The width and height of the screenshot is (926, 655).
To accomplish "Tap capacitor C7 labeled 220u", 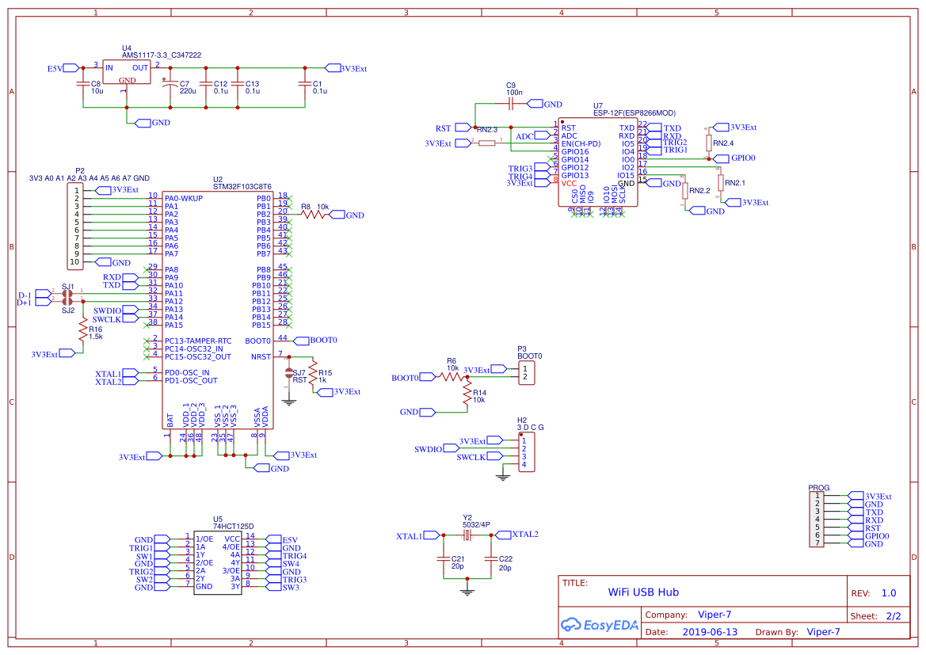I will point(168,86).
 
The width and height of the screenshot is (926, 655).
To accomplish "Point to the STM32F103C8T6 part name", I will point(242,186).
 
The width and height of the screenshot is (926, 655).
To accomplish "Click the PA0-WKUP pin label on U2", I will point(184,198).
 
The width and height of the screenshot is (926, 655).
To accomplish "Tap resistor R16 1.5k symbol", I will point(82,332).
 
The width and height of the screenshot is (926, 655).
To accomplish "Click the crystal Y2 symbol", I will point(467,535).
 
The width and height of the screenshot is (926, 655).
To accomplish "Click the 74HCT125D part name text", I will point(233,527).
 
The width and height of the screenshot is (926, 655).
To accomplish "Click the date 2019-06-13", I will point(709,632).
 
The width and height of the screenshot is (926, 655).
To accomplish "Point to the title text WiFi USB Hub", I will point(642,592).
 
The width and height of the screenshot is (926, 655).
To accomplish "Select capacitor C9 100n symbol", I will point(511,104).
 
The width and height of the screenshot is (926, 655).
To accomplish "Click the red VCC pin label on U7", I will point(569,183).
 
